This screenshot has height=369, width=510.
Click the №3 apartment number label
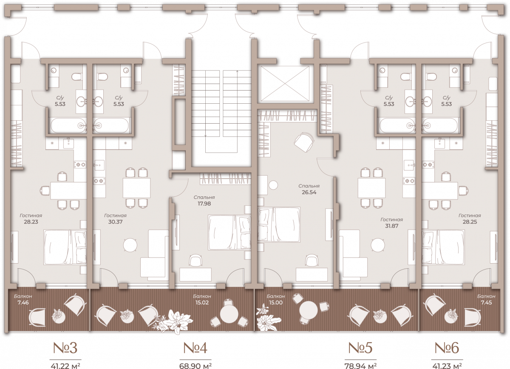[x=65, y=348]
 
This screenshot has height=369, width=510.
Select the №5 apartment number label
[x=360, y=348]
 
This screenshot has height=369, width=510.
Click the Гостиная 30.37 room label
[x=116, y=219]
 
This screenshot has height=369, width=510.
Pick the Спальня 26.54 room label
[x=309, y=189]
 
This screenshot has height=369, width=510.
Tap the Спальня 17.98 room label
[x=204, y=201]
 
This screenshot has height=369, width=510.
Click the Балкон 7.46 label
[x=23, y=300]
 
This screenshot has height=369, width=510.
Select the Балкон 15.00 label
[x=276, y=300]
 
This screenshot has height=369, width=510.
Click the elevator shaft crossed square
[x=285, y=84]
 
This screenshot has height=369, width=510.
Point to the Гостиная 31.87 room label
[x=391, y=223]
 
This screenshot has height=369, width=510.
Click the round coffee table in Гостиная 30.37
[x=130, y=245]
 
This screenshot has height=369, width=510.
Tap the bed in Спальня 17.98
[x=229, y=233]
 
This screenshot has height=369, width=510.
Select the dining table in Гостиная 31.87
[x=371, y=188]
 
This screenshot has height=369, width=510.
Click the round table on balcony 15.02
[x=229, y=314]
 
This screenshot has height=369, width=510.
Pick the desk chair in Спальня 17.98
[x=195, y=260]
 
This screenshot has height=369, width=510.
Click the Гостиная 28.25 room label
[x=470, y=219]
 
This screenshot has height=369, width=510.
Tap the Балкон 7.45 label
[x=486, y=300]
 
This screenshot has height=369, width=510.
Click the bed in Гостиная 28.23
[x=65, y=247]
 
